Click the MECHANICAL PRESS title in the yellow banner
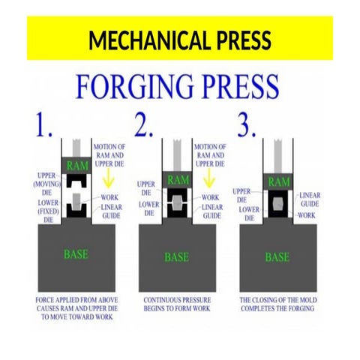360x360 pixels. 180,40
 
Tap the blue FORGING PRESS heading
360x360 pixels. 177,86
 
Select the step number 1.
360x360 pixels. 44,124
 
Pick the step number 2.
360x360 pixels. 143,124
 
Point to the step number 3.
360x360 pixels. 247,124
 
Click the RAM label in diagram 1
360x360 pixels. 77,165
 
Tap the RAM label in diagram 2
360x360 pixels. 178,180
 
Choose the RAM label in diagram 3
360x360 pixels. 279,181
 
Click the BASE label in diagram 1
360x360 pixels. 76,254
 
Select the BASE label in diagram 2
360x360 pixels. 177,257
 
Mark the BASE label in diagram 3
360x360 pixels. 277,257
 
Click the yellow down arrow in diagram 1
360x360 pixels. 109,178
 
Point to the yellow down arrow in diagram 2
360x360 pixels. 209,178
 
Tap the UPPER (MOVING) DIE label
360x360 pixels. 46,184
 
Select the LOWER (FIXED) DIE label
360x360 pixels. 49,211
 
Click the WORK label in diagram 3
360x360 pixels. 307,215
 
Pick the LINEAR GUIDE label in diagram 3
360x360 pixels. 310,199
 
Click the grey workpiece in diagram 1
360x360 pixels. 76,201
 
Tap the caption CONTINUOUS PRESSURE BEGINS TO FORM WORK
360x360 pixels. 177,304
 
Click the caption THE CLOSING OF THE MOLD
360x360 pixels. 278,300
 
